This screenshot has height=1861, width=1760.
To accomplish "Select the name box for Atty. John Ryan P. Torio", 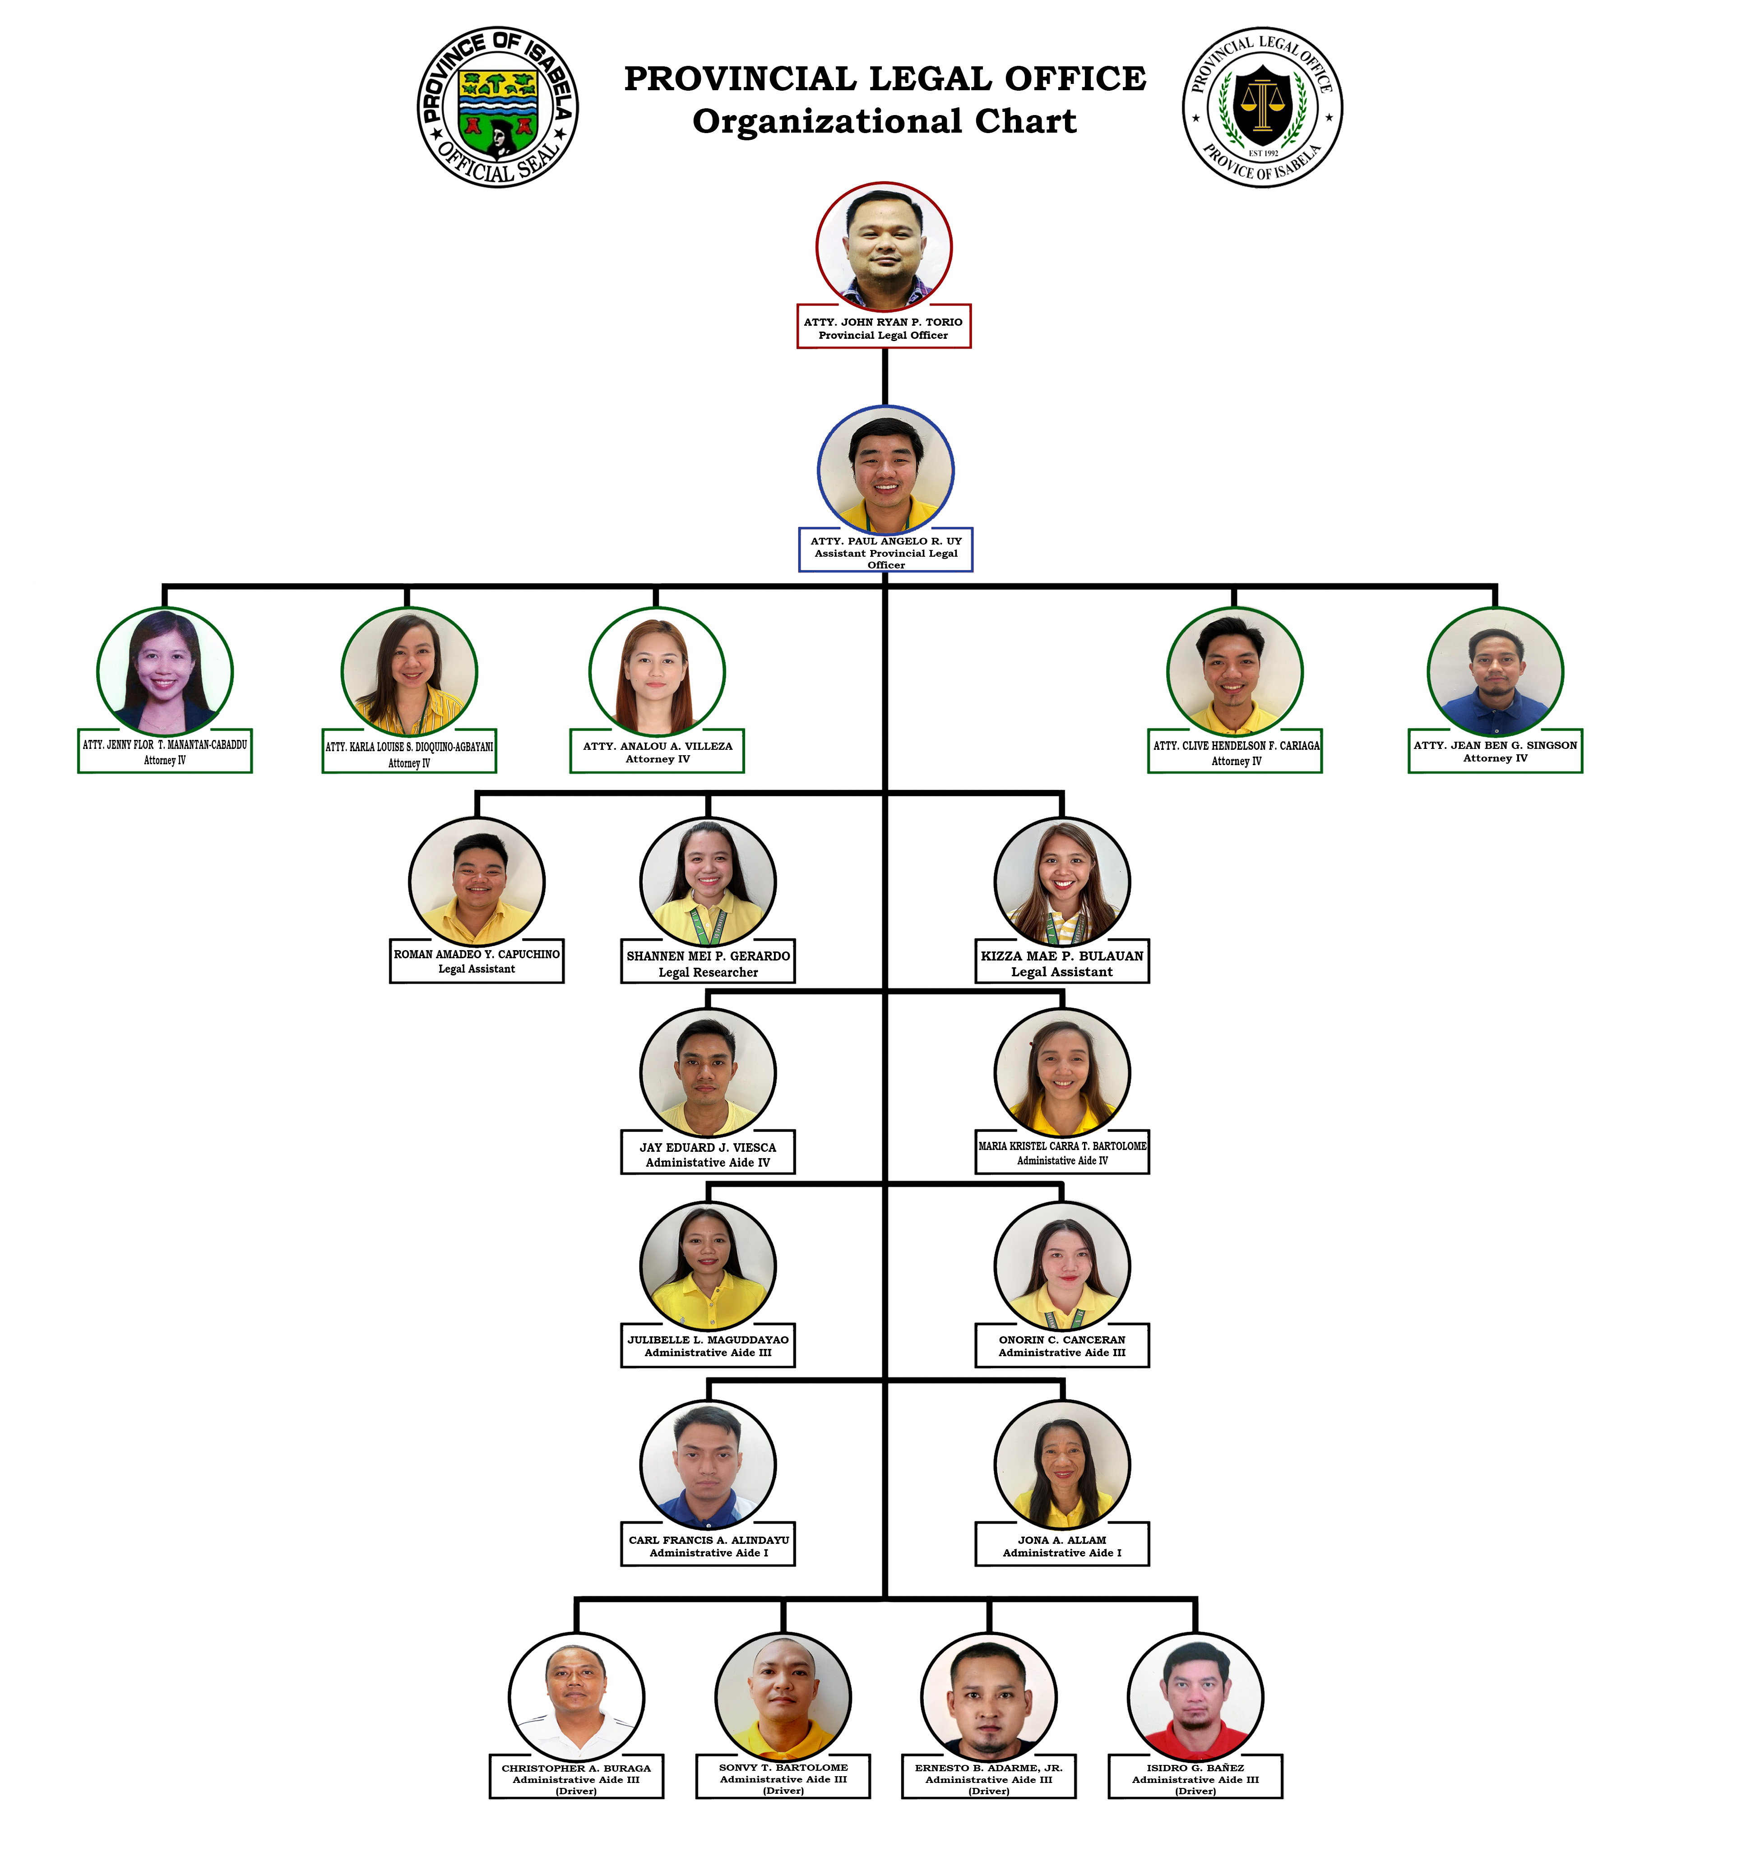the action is (884, 327).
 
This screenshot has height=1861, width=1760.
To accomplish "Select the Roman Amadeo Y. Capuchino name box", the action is (477, 961).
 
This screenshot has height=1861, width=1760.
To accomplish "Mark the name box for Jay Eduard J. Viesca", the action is (709, 1153).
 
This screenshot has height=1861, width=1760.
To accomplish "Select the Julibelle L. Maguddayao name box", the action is (709, 1345).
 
